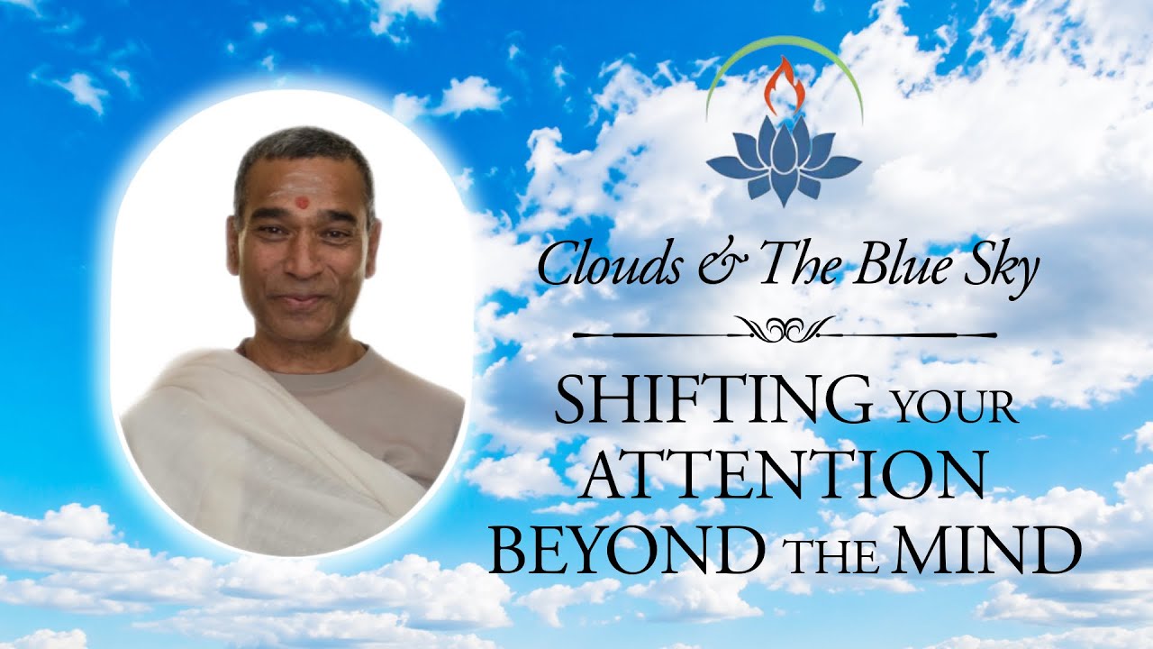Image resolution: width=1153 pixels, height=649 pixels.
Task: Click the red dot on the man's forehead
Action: pos(303,203)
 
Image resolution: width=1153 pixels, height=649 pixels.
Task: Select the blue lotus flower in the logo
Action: pos(784,160)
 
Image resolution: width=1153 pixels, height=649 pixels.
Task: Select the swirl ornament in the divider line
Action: pos(785,329)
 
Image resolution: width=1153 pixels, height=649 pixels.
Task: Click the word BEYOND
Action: pos(626,549)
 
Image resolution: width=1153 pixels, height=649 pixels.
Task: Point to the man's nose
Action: pos(304,258)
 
